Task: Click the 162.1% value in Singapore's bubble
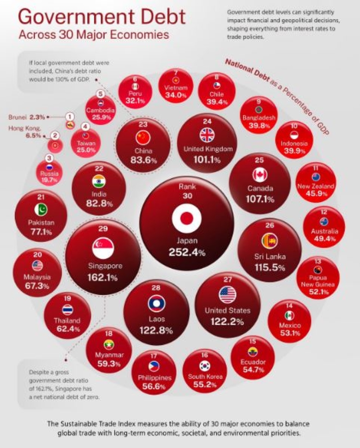tap(102, 278)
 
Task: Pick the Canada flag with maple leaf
tap(260, 175)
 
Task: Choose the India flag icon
tap(99, 180)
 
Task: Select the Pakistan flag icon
tap(41, 209)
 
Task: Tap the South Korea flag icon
tap(205, 365)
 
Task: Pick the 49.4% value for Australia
tap(325, 239)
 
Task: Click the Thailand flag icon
tap(67, 310)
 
